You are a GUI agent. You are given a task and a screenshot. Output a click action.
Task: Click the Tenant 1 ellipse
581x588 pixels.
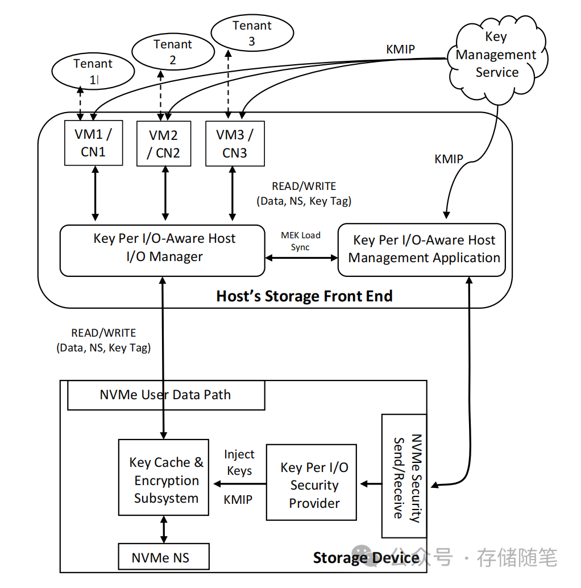[93, 72]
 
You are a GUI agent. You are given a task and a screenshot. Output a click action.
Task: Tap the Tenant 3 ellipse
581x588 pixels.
[251, 34]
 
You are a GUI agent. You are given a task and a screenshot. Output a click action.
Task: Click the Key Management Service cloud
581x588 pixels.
[496, 55]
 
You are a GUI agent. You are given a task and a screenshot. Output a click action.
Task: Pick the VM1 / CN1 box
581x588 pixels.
[93, 143]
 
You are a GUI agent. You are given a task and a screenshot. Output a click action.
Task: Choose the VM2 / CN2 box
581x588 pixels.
[164, 144]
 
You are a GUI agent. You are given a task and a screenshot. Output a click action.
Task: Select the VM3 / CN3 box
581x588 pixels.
[235, 144]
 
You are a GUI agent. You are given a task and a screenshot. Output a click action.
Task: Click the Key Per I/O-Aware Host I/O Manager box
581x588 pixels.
[163, 251]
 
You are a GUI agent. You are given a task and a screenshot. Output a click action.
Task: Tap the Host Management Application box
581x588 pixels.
[423, 250]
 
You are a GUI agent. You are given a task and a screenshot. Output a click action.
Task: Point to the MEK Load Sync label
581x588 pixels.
[301, 241]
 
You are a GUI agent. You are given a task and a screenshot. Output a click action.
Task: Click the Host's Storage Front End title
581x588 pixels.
[304, 296]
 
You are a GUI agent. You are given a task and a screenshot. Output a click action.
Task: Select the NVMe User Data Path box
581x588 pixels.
[165, 395]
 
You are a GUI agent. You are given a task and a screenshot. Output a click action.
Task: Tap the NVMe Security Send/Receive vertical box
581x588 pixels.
[404, 477]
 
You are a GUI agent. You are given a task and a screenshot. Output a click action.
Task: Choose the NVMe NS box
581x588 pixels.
[163, 557]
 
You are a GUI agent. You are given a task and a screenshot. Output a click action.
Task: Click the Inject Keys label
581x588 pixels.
[239, 462]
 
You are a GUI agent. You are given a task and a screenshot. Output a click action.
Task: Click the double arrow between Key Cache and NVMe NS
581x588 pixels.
[164, 529]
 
